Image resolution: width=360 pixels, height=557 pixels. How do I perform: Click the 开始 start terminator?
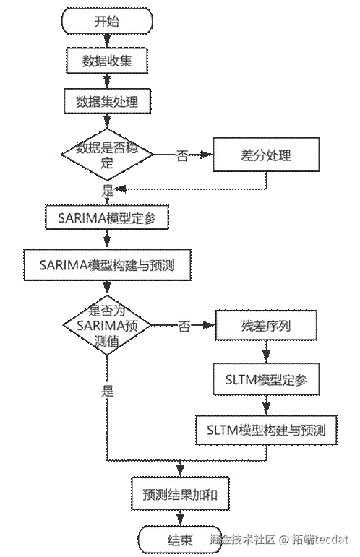click(107, 22)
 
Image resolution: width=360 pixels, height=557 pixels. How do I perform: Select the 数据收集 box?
click(107, 61)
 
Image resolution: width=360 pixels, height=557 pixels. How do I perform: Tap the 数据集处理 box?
click(107, 102)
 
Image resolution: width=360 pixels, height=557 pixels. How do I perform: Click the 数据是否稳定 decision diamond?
click(107, 155)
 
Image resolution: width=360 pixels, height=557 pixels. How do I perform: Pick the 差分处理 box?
click(266, 155)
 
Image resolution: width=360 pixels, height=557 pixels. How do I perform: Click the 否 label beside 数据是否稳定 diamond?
click(182, 155)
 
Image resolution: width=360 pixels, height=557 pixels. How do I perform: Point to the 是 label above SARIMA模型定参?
click(107, 190)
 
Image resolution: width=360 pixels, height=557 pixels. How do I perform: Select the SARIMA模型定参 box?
click(107, 217)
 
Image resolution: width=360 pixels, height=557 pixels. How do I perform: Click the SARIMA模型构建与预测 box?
click(107, 265)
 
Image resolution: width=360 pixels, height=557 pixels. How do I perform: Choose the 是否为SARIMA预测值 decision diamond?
click(107, 325)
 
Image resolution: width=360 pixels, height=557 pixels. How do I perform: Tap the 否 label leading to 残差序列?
click(184, 326)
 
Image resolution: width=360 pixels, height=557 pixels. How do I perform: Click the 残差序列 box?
click(266, 325)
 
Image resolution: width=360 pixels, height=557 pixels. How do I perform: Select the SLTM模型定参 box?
click(266, 379)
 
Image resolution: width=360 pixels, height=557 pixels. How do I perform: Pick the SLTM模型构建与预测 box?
click(266, 430)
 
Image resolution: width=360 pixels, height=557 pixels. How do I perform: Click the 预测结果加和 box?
click(180, 494)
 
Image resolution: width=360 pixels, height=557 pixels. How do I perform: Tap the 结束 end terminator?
click(180, 540)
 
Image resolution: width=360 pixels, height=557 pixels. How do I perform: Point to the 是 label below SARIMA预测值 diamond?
click(107, 392)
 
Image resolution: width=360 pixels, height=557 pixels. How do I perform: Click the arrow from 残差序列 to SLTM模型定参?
click(266, 352)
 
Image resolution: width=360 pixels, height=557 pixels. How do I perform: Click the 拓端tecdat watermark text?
click(320, 540)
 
